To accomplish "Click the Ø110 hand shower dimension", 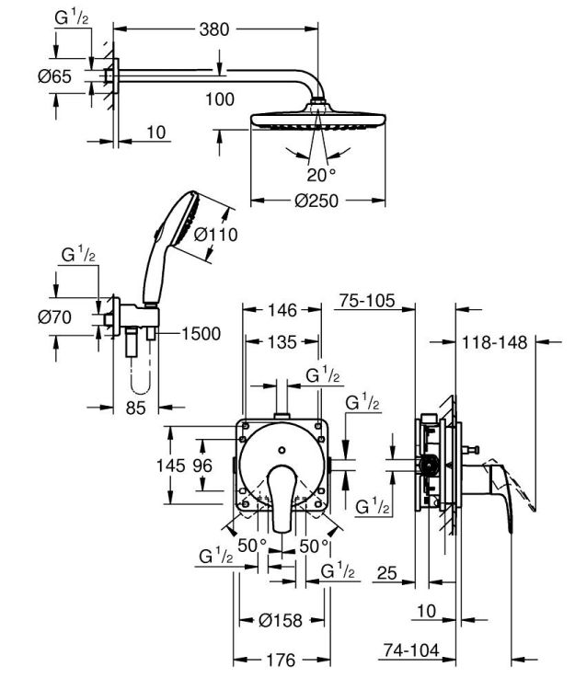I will point(218,235).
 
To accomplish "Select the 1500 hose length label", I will point(201,333).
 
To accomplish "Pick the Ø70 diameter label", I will point(55,319).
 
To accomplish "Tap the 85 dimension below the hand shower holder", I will point(136,408).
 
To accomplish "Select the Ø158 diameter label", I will point(280,621).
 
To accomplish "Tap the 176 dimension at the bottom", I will point(280,661).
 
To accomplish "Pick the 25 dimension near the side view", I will point(385,574).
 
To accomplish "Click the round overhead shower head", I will point(317,121).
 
